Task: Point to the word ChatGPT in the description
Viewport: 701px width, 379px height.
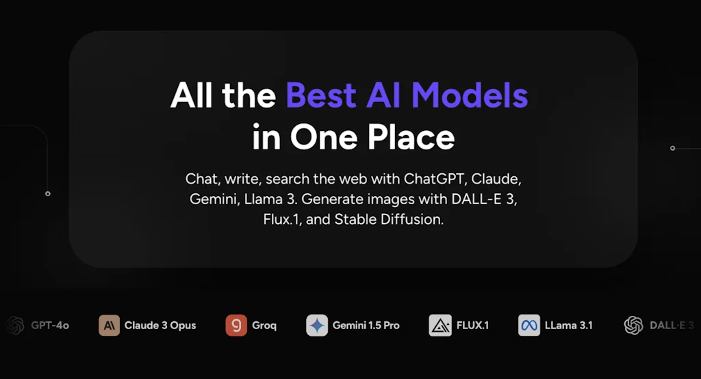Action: coord(436,179)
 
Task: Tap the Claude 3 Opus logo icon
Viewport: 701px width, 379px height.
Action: coord(109,325)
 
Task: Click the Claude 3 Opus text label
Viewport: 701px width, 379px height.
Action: coord(160,326)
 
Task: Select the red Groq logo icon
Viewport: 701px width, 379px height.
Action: coord(236,325)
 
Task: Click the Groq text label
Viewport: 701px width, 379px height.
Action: coord(264,326)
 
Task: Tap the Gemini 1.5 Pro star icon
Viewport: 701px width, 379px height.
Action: coord(317,325)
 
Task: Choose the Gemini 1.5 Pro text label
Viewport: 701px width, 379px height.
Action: coord(366,326)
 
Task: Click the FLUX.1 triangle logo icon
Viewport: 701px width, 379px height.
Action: coord(440,325)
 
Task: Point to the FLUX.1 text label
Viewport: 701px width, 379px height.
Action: coord(473,326)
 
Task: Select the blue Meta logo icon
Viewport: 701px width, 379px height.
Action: coord(529,325)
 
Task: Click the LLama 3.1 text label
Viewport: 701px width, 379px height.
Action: coord(568,326)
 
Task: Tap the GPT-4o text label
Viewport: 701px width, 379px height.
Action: coord(50,326)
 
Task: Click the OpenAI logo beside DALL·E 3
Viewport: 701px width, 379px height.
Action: coord(634,325)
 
